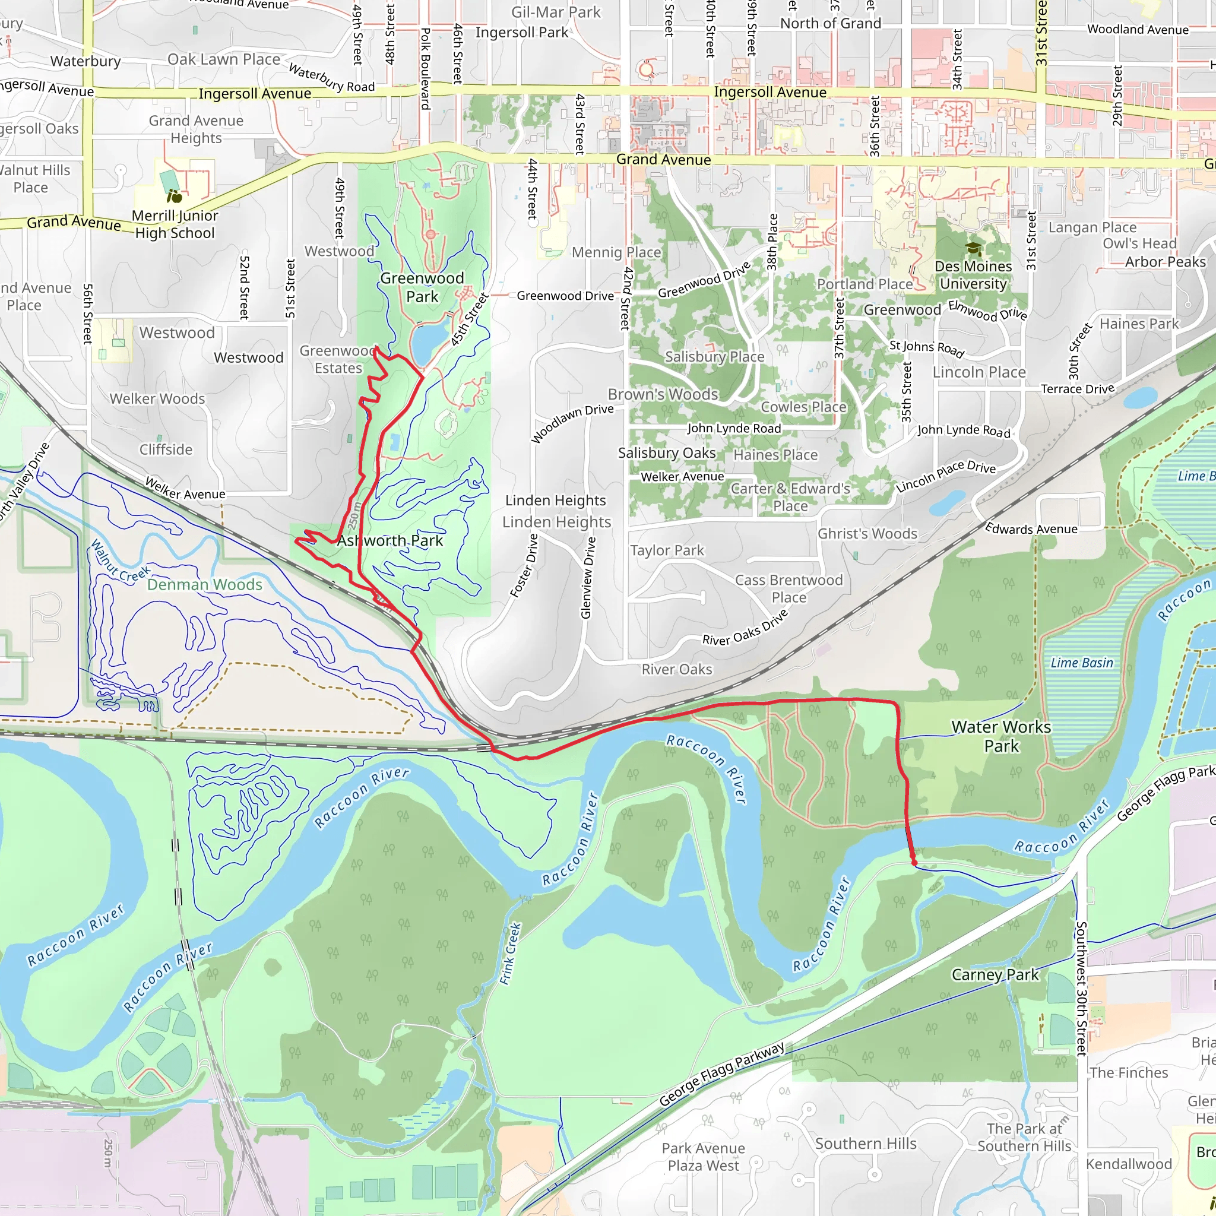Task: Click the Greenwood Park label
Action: (422, 287)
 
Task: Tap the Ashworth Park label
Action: (389, 541)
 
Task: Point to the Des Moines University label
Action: (973, 275)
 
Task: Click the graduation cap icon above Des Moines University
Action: (973, 249)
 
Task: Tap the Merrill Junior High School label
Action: (175, 224)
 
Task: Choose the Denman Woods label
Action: (205, 585)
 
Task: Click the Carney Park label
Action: (995, 975)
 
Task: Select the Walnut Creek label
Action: (120, 560)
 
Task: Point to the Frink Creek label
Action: (511, 954)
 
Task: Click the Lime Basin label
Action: (1081, 663)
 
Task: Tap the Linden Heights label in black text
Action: (555, 501)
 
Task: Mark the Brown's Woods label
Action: (663, 395)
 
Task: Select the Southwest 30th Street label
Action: (1081, 988)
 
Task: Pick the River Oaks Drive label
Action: (745, 628)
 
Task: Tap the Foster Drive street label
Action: (524, 566)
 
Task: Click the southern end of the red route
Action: (914, 863)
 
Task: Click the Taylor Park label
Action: (667, 551)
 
